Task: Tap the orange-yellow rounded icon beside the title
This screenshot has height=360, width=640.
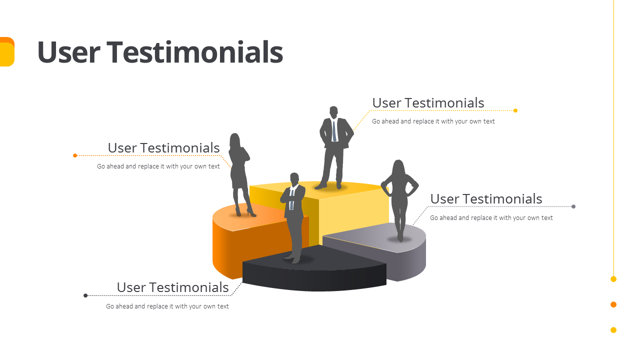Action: click(x=6, y=52)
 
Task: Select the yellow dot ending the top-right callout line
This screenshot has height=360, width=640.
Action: click(x=515, y=110)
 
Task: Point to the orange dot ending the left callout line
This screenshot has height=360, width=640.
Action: click(x=75, y=155)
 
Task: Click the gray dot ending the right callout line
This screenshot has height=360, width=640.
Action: click(x=573, y=206)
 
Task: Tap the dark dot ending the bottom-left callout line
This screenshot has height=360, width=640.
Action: click(x=85, y=295)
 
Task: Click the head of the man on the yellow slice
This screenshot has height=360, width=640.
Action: click(x=333, y=111)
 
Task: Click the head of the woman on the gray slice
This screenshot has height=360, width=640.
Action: click(x=398, y=167)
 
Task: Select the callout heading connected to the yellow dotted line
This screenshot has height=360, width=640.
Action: click(x=428, y=103)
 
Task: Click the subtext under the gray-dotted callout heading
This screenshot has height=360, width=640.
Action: click(x=491, y=218)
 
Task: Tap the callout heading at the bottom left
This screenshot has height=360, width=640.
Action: click(x=172, y=287)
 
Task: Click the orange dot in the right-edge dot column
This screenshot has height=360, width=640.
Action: click(x=613, y=304)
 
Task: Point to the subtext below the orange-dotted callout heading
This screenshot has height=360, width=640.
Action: click(x=158, y=166)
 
